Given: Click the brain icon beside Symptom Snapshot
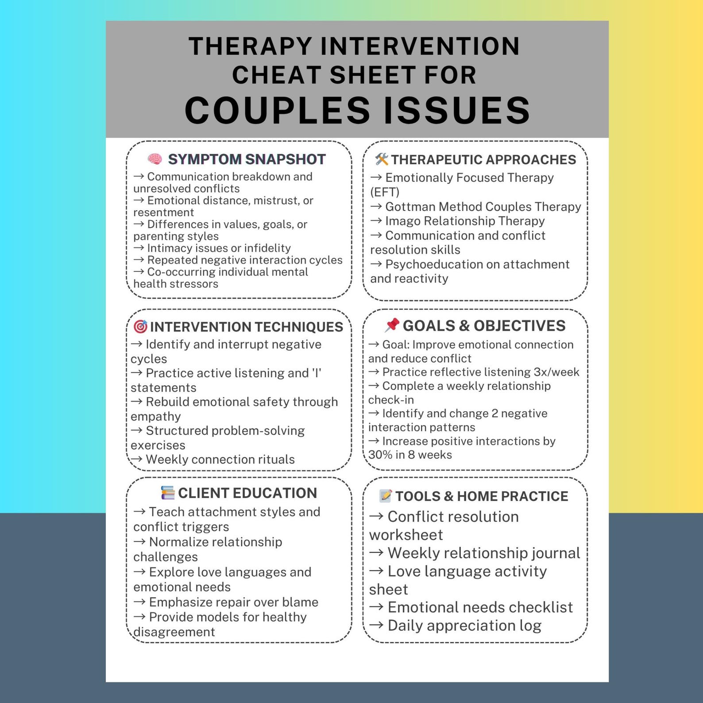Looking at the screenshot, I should pos(155,159).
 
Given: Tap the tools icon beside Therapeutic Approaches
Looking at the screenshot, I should pos(381,159).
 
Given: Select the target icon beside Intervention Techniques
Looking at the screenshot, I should pos(140,327).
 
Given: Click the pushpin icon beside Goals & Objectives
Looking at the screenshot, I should pos(392,325).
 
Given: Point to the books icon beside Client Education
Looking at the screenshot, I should pos(168,493).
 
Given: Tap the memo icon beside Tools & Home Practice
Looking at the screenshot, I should pos(386,495).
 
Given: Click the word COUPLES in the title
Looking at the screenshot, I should pos(277,110).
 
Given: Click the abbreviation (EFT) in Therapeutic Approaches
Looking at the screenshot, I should pos(385,192).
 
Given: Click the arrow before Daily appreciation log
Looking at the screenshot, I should pos(376,625).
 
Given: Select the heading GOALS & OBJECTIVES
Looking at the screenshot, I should pos(484,326).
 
